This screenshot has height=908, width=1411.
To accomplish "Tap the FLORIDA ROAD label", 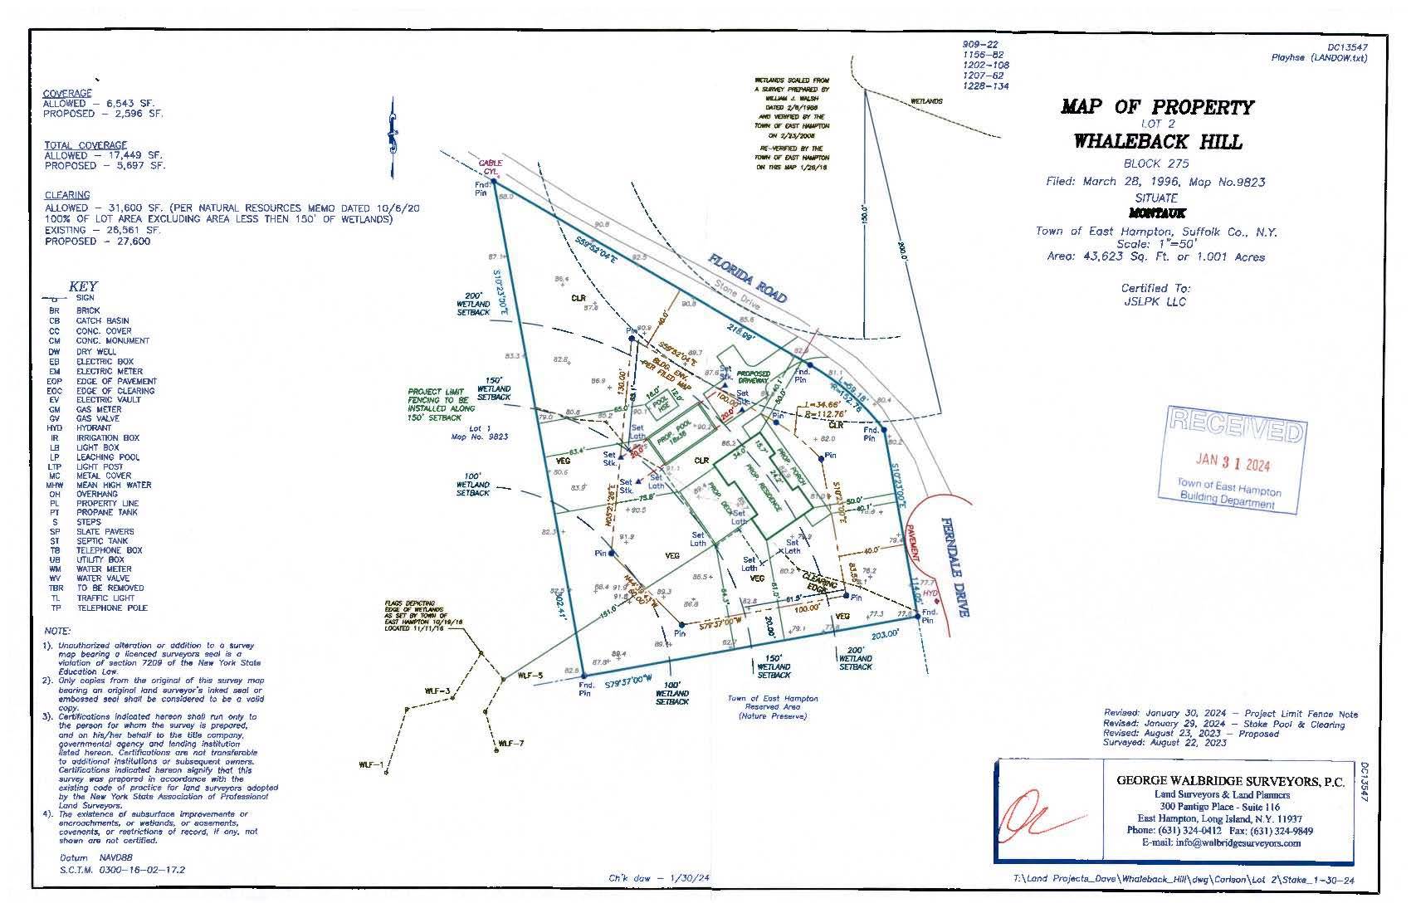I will click(x=747, y=279).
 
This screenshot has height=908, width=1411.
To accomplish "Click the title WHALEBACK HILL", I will click(x=1157, y=141).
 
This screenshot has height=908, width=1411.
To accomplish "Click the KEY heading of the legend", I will click(x=83, y=286).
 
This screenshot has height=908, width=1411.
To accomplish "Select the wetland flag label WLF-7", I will click(x=510, y=744).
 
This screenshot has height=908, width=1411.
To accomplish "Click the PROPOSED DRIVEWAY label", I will click(x=753, y=378).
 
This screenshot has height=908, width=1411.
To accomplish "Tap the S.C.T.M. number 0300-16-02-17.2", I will click(x=122, y=870).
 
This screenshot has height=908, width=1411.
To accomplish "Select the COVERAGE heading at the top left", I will click(x=67, y=94).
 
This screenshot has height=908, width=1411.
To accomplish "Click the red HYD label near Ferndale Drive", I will click(x=929, y=593).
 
